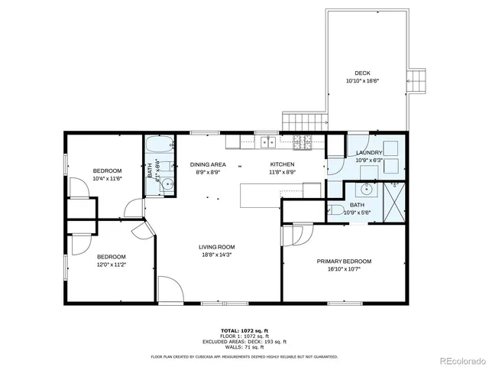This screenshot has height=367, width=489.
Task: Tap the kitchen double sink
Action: click(267, 141)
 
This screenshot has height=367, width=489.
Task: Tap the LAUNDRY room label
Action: click(369, 153)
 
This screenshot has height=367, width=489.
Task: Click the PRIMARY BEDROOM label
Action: click(349, 261)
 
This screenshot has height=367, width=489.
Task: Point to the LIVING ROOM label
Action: click(216, 247)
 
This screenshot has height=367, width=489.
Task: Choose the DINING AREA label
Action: click(207, 164)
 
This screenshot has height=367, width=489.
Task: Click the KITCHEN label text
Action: click(283, 164)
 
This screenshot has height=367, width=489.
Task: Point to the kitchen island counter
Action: click(260, 196)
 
